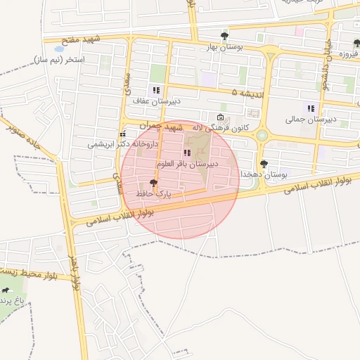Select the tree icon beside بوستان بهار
tap(224, 35)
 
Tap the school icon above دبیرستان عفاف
tap(156, 90)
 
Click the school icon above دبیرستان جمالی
tap(311, 108)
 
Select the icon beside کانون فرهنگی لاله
tap(221, 117)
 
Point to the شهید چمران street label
tap(161, 127)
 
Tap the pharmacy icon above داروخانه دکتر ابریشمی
tap(123, 133)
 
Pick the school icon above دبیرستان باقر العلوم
tap(187, 153)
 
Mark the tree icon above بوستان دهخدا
tap(264, 163)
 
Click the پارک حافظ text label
tap(153, 192)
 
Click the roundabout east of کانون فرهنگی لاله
tap(262, 134)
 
